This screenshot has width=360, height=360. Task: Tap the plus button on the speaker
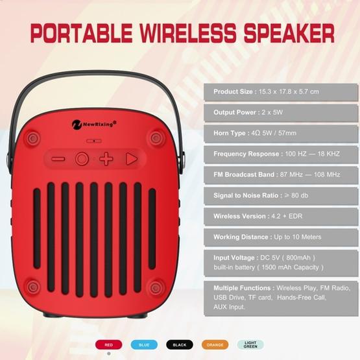106,159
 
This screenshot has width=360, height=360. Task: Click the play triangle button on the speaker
132,159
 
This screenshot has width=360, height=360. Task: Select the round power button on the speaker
82,159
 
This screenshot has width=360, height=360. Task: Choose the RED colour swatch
108,345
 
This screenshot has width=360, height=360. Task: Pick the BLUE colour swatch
143,345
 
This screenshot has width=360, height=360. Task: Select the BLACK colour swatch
179,345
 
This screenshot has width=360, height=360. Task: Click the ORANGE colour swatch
215,345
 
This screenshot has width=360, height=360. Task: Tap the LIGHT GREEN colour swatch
250,345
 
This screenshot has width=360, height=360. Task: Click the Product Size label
234,91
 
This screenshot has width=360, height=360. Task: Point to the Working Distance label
241,237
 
